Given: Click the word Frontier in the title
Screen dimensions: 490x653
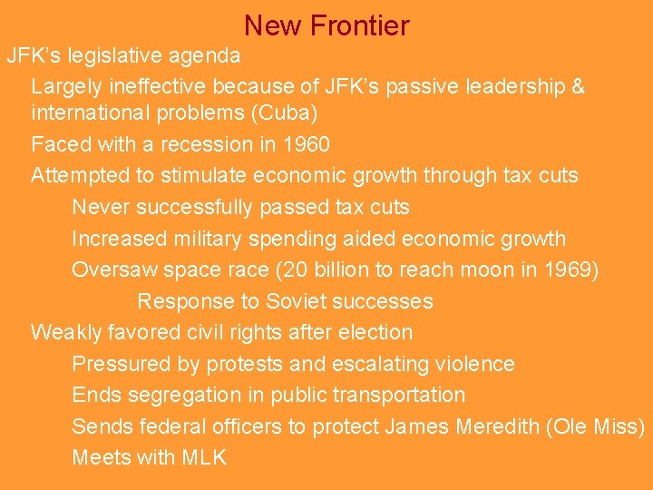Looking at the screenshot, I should click(x=359, y=25).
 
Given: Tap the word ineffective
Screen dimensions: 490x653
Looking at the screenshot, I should click(x=158, y=87).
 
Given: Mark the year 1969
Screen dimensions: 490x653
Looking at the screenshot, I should click(x=566, y=269).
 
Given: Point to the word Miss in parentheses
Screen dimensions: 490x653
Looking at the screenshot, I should click(x=619, y=426).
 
